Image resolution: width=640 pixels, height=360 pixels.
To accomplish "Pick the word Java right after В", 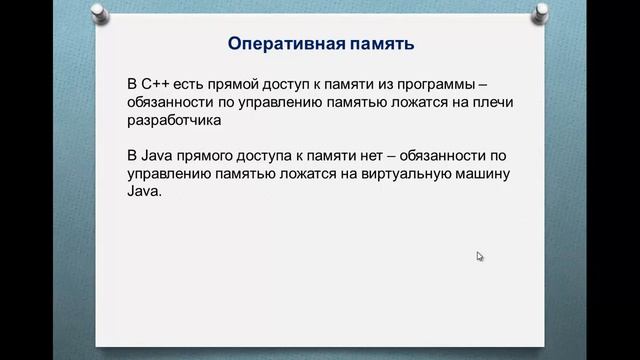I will click(158, 157).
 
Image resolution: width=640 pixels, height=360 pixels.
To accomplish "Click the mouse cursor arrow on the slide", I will click(480, 256).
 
